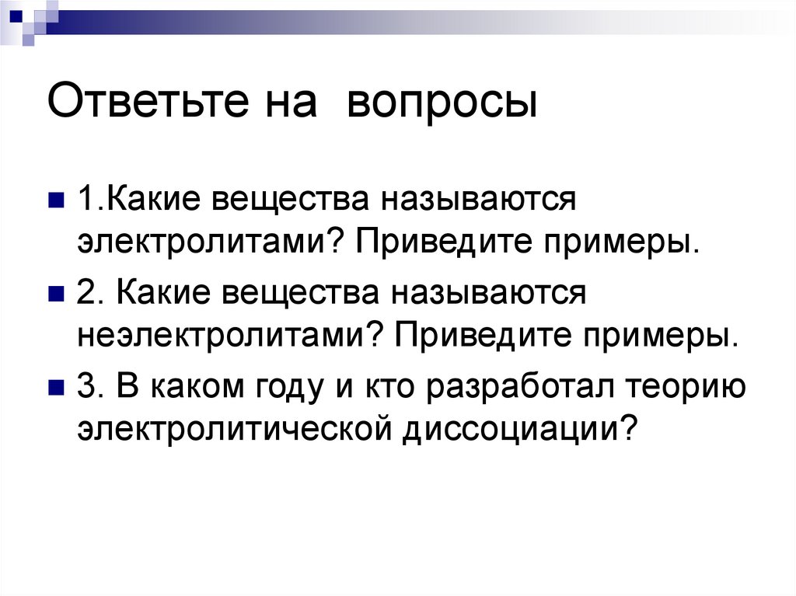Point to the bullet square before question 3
[56, 388]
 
